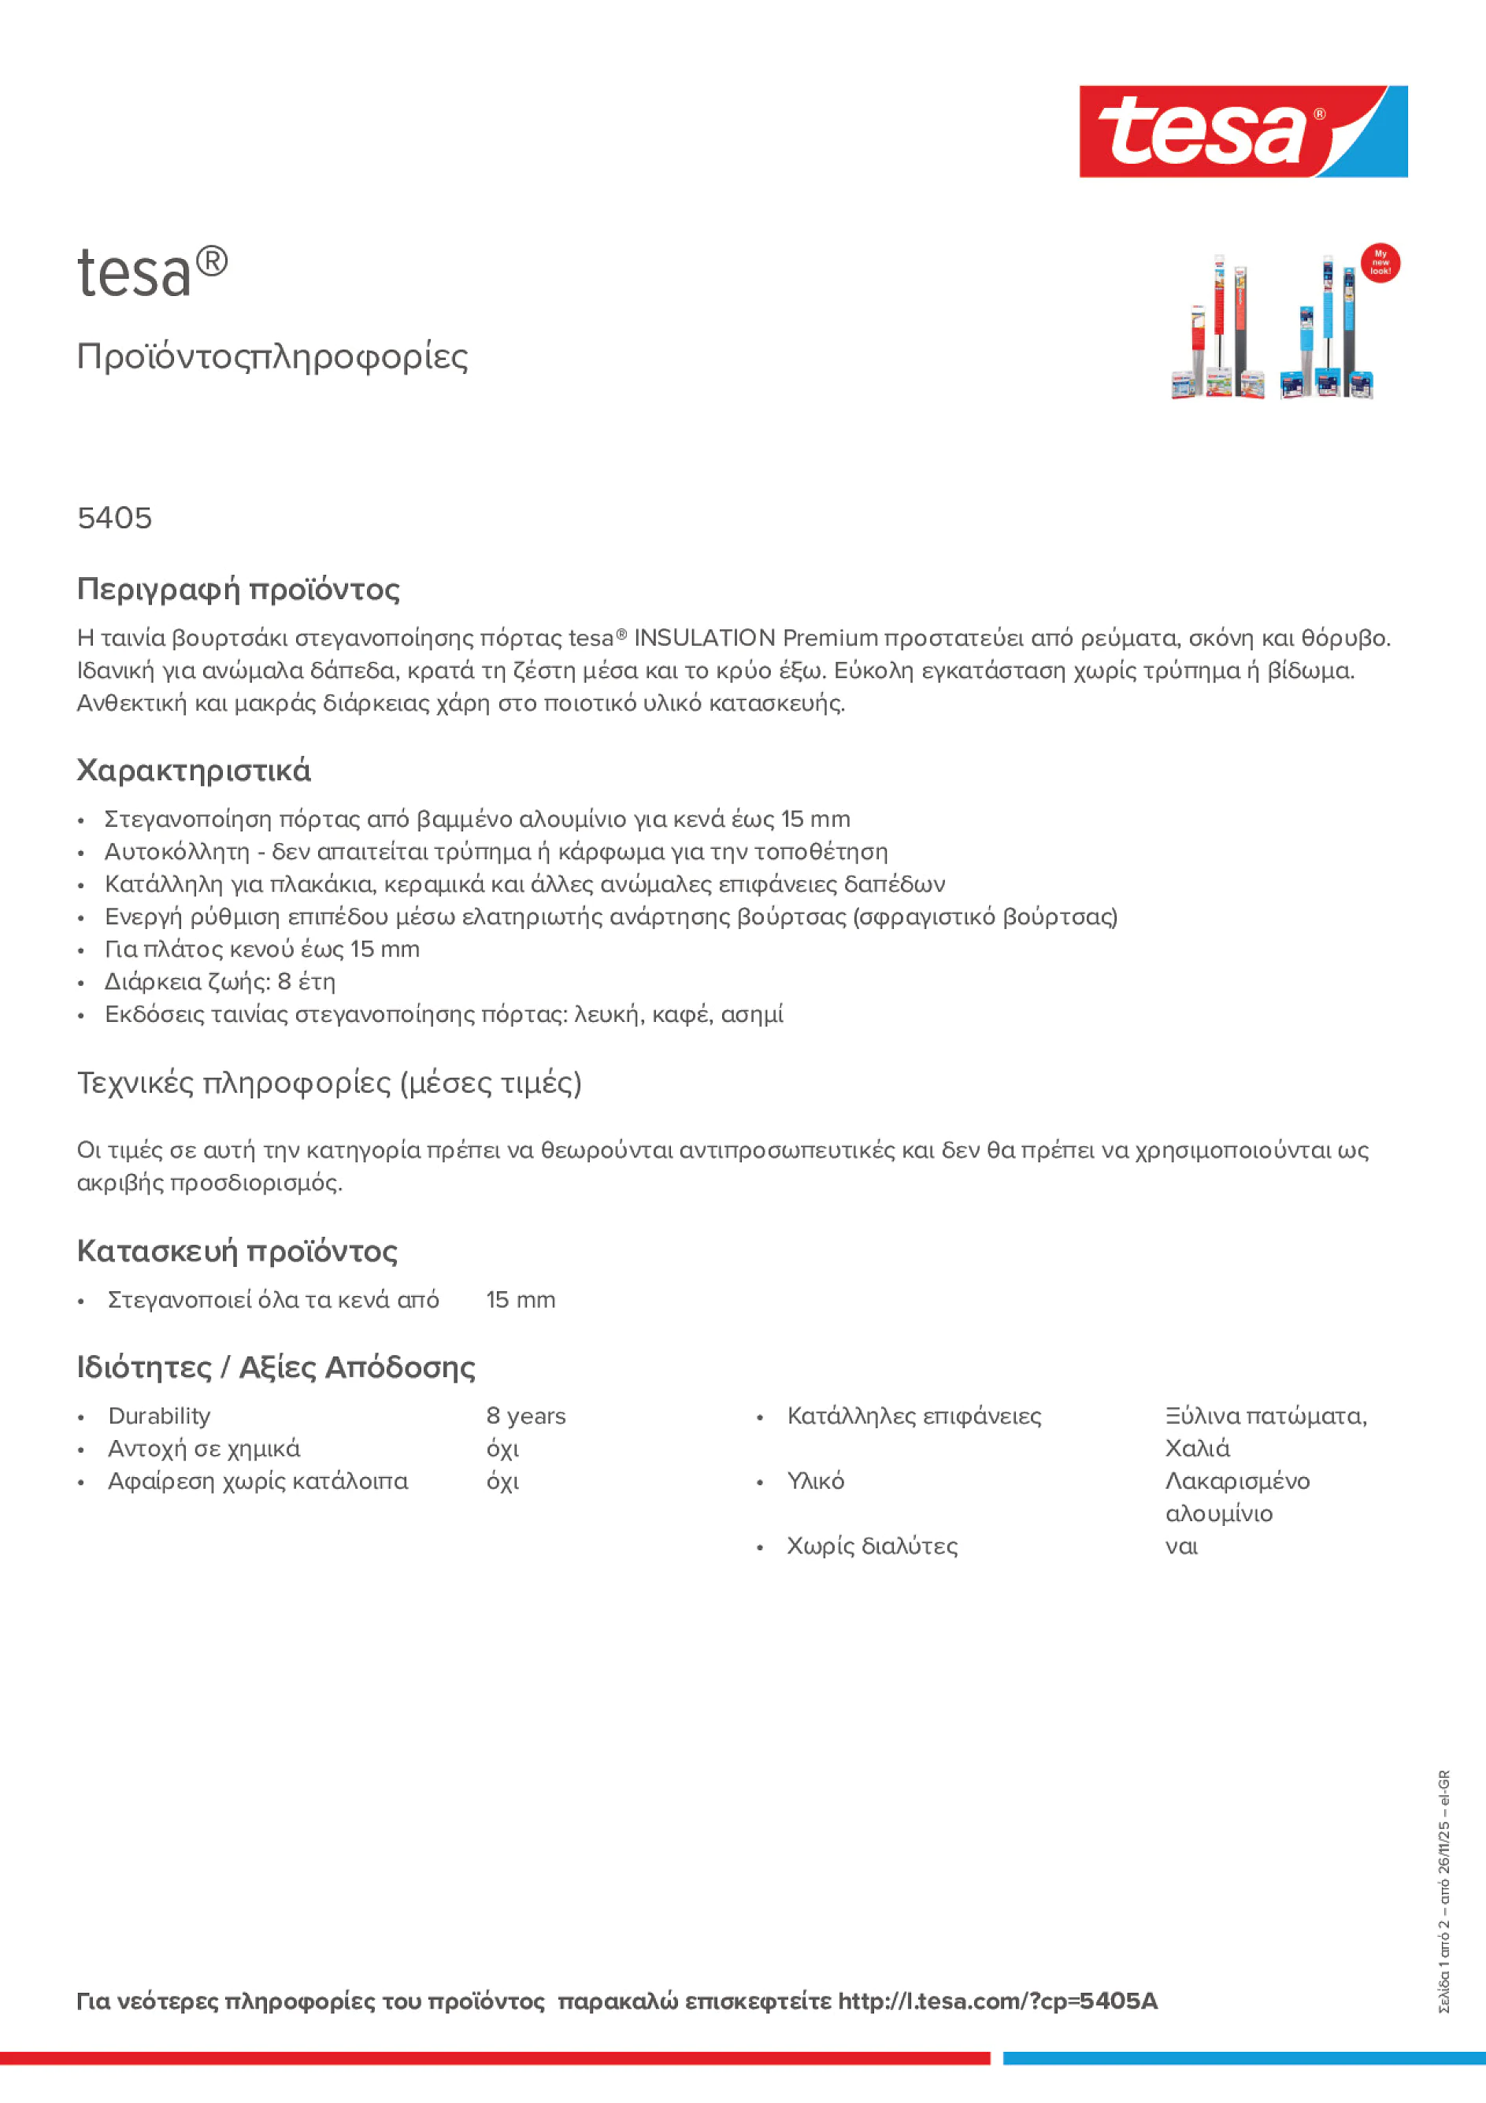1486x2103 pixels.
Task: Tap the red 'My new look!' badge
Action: (x=1380, y=263)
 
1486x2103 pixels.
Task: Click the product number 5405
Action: (x=114, y=518)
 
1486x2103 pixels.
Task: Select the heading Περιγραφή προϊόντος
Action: (x=238, y=589)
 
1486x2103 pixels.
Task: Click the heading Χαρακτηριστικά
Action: (x=193, y=770)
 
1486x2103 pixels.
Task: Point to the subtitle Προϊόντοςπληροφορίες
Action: (x=272, y=357)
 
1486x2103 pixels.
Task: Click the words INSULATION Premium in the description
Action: (x=755, y=638)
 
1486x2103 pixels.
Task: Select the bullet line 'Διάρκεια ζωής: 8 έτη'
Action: (x=220, y=982)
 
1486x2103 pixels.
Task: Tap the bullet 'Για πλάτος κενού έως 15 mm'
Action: (x=262, y=949)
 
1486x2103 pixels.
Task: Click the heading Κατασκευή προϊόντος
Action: (x=237, y=1251)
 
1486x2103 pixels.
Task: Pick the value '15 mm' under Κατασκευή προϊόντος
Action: (x=521, y=1300)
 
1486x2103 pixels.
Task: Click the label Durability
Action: (x=159, y=1416)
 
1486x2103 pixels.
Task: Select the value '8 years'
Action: (x=526, y=1416)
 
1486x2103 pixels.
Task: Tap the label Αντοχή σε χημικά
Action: (x=203, y=1448)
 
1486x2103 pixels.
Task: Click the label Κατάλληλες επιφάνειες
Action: (x=913, y=1416)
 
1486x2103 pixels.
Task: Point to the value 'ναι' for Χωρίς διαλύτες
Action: (x=1181, y=1546)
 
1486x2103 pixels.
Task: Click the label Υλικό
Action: (x=815, y=1481)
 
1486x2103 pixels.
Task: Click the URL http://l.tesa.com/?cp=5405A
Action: (x=997, y=2001)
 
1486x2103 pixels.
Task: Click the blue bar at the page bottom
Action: (x=1243, y=2058)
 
